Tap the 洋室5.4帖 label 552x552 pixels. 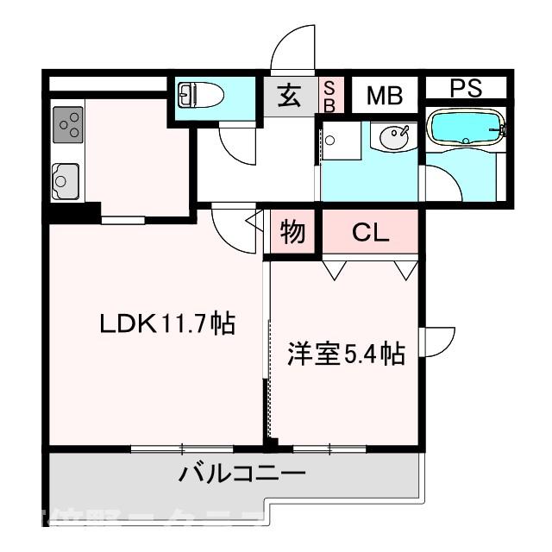point(346,354)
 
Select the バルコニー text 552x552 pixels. point(242,474)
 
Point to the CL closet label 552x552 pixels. point(371,232)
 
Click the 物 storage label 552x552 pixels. point(292,233)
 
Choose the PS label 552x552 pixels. point(467,88)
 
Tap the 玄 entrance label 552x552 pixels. point(289,95)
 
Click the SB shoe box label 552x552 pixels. point(329,95)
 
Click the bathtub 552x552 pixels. point(466,129)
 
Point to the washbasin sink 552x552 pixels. point(396,136)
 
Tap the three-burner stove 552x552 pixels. point(69,125)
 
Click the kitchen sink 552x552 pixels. point(66,181)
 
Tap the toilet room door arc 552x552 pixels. point(236,144)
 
